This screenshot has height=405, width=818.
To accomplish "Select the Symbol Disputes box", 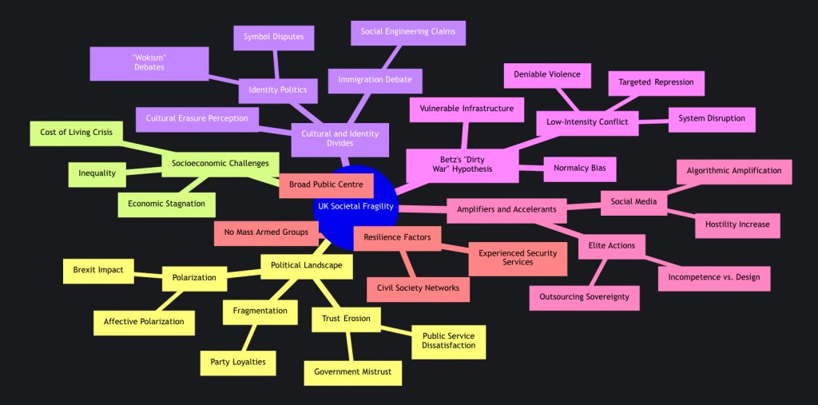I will click(x=274, y=37).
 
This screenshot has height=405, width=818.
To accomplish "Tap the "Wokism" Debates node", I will click(x=149, y=63).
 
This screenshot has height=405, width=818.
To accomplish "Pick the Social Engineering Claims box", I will click(x=408, y=32).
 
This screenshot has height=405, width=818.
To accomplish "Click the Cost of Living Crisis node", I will click(x=76, y=132).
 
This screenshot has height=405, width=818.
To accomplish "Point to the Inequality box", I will click(x=97, y=173).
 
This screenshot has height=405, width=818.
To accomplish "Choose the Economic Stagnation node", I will click(x=167, y=204).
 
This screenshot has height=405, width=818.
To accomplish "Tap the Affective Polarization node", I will click(x=144, y=322).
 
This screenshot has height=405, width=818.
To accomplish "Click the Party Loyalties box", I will click(x=238, y=362).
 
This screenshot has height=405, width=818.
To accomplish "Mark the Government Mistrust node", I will click(x=353, y=372).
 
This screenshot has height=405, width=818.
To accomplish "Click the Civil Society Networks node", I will click(x=419, y=288).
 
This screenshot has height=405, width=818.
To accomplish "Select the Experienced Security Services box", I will click(x=518, y=257).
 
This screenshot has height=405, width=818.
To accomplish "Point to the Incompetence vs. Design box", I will click(x=714, y=277).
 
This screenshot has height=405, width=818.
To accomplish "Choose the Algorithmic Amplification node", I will click(x=734, y=172).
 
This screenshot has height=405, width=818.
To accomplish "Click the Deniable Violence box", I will click(x=547, y=75).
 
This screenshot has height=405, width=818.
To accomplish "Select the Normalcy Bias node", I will click(x=580, y=169).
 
